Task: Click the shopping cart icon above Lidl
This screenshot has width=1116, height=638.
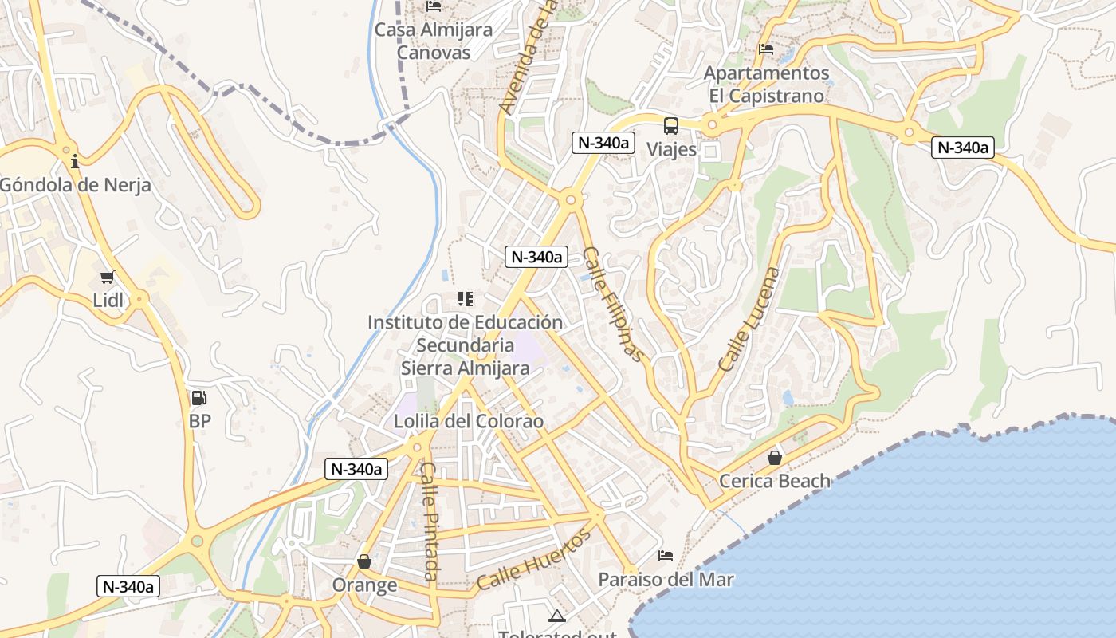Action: tap(108, 278)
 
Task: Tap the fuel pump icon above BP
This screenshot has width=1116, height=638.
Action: tap(199, 397)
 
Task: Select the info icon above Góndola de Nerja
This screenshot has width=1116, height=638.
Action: tap(75, 162)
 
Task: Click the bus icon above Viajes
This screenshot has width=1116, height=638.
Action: tap(671, 125)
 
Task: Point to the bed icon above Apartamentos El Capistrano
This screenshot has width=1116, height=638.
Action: tap(766, 49)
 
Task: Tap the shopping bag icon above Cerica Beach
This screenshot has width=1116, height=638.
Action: tap(774, 458)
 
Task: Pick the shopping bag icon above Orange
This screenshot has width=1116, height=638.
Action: tap(364, 562)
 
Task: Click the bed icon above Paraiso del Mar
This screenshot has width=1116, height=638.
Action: tap(666, 556)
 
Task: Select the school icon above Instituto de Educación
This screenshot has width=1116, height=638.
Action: tap(465, 299)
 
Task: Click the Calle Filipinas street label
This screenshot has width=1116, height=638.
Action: tap(612, 305)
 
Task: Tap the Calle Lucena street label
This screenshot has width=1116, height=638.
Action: tap(749, 319)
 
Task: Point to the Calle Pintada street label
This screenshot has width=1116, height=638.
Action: tap(429, 522)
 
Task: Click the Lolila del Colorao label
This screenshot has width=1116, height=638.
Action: tap(469, 421)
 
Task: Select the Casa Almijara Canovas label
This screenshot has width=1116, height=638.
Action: tap(434, 41)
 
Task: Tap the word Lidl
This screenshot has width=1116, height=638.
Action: tap(108, 301)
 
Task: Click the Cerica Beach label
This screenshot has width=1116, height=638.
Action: tap(775, 481)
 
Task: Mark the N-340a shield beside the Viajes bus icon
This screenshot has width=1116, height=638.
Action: tap(603, 143)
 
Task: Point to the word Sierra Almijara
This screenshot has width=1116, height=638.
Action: tap(465, 368)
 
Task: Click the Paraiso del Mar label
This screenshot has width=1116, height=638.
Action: tap(666, 579)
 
